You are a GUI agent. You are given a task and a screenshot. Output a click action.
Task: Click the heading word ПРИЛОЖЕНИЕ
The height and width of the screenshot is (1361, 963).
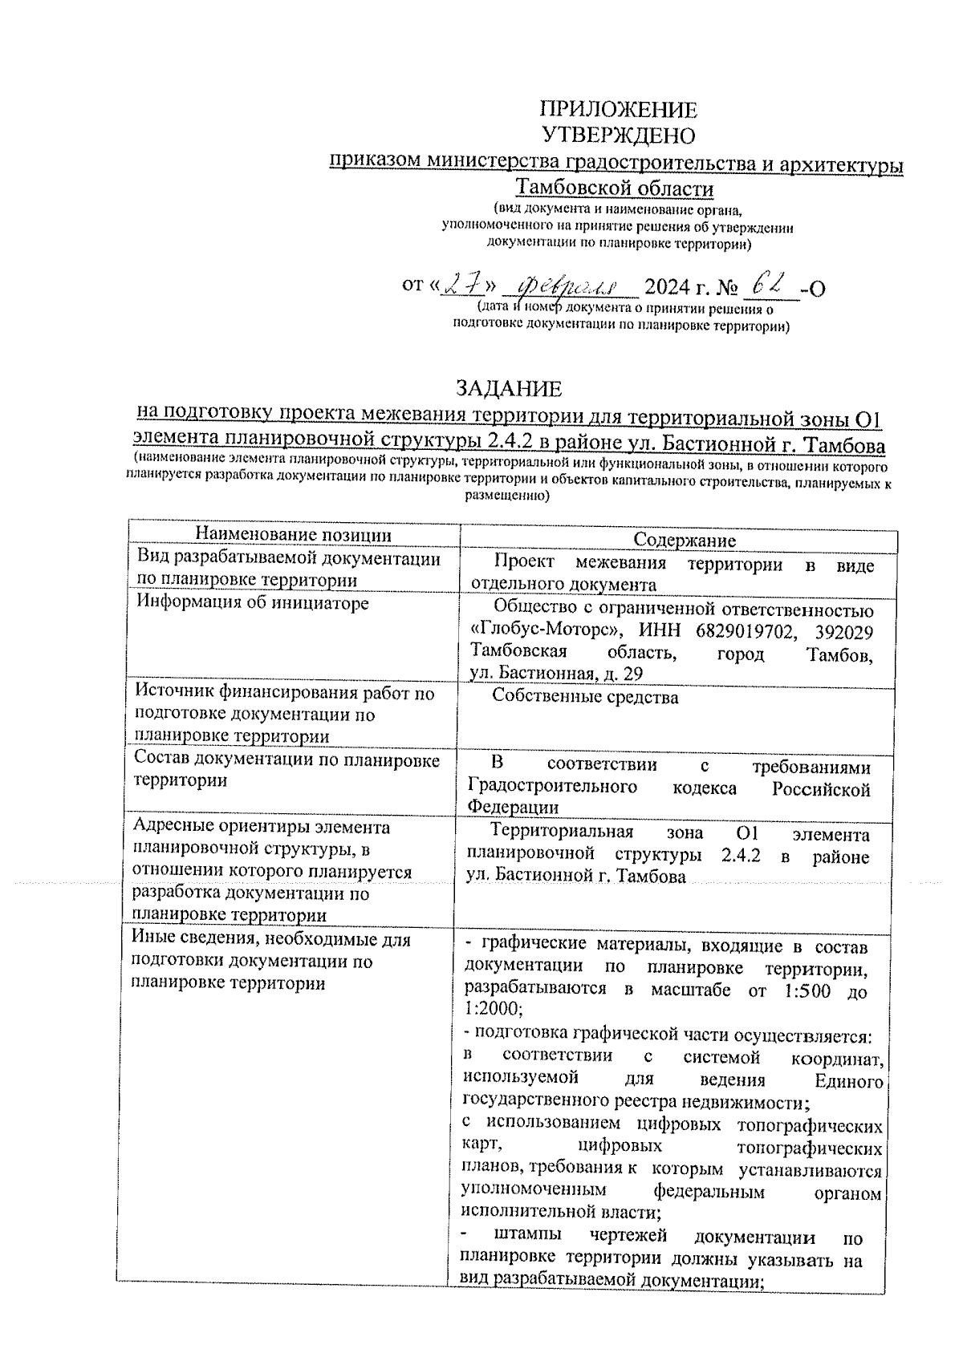(618, 110)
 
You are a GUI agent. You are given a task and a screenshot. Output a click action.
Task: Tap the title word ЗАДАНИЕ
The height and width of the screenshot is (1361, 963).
(509, 389)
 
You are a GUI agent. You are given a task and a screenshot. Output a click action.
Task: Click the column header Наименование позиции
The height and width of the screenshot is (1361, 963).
(295, 535)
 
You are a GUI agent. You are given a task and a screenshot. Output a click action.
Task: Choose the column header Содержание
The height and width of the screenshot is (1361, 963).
(685, 541)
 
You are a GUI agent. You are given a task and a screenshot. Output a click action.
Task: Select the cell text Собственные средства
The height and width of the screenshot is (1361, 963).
(585, 697)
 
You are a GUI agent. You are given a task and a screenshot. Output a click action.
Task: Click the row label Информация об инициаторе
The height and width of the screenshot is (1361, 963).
(251, 602)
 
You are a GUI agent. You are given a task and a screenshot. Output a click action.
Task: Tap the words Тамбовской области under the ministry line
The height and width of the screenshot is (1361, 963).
(615, 188)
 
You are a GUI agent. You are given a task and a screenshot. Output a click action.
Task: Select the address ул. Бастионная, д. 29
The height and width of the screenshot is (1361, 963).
(555, 674)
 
